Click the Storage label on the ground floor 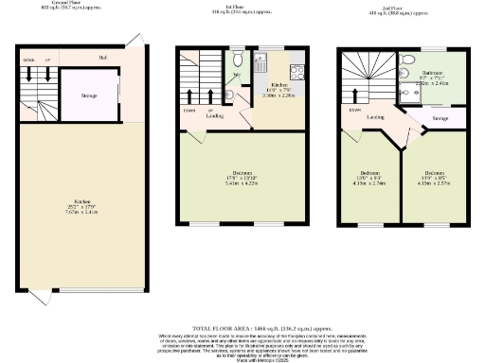(x=91, y=95)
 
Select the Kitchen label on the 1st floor (x=280, y=85)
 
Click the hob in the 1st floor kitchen (x=296, y=70)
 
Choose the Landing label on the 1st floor (x=216, y=116)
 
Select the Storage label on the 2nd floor (x=440, y=118)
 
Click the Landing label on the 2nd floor (x=376, y=118)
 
